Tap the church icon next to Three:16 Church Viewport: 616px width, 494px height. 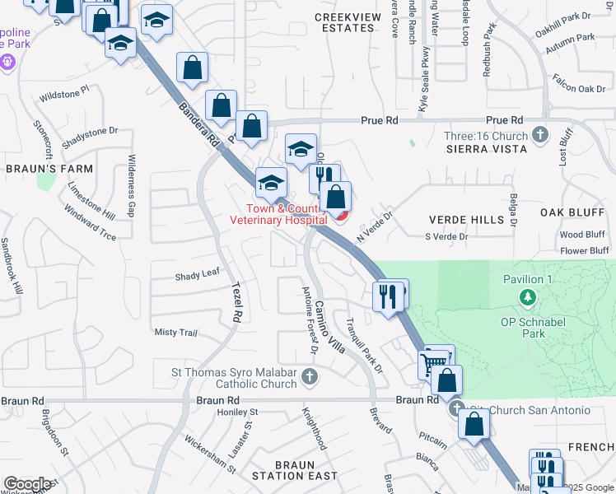540,133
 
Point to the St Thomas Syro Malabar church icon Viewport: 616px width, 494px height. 309,377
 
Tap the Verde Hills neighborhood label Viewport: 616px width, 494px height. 466,220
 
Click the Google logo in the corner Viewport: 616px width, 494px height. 27,484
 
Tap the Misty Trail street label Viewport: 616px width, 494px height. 176,333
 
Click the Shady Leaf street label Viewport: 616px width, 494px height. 197,276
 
